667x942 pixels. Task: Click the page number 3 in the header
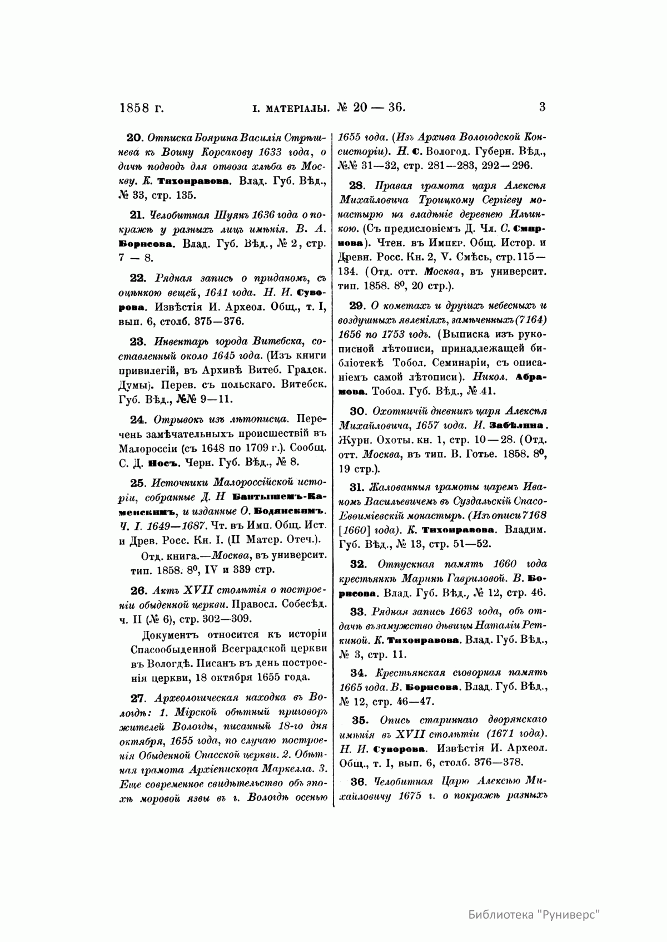542,106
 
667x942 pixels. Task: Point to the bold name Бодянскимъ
295,510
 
